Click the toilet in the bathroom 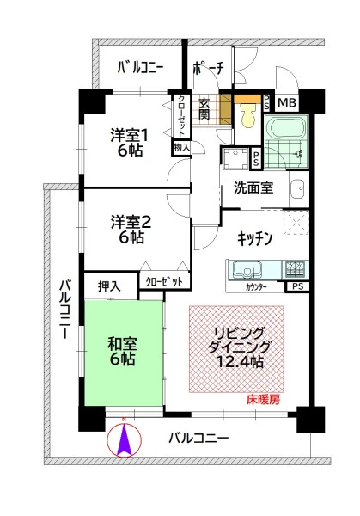(x=249, y=115)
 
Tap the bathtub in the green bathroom (x=286, y=129)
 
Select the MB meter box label (x=287, y=102)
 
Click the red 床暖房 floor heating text (x=263, y=400)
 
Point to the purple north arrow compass (x=125, y=439)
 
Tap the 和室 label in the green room (x=122, y=344)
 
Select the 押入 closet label (x=109, y=286)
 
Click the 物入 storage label (x=181, y=148)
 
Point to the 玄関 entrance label (x=204, y=108)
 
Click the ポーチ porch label (x=208, y=68)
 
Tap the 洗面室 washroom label (x=253, y=187)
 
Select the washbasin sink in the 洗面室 (x=298, y=189)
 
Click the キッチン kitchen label (x=254, y=238)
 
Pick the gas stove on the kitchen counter (x=295, y=268)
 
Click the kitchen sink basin (x=247, y=270)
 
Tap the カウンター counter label (x=256, y=287)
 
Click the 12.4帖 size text (x=240, y=362)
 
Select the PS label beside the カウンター (x=298, y=286)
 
